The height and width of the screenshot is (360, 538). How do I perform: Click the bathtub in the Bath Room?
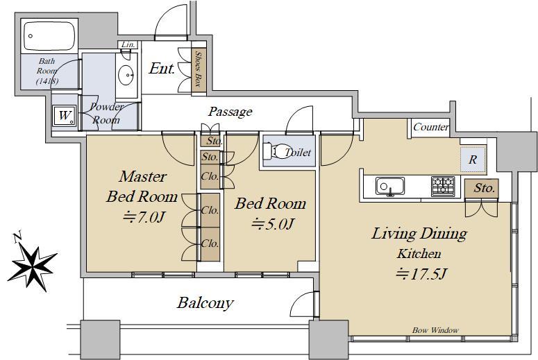pos(49,36)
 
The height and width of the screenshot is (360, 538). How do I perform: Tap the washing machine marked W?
pos(64,116)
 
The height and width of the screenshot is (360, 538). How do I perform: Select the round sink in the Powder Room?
pos(127,74)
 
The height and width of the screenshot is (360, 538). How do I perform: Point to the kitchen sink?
pos(389,186)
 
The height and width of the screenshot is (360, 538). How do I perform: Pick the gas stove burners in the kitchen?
pos(443,186)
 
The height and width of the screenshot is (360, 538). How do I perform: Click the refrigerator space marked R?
pos(473,160)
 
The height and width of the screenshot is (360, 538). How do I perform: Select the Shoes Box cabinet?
pos(199,69)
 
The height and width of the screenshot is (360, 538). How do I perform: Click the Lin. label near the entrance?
pos(128,44)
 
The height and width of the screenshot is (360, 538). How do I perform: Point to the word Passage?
pos(230,112)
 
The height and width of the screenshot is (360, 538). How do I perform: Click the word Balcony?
pos(205,303)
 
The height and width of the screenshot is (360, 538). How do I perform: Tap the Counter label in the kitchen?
pos(431,127)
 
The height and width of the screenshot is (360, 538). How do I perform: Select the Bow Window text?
pos(435,330)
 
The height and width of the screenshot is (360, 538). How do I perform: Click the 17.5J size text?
pos(421,274)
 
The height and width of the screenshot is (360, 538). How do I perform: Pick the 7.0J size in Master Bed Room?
pos(144,217)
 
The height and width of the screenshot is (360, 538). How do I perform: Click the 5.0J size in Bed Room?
pos(273,224)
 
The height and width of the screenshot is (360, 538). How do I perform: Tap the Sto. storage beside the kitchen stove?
pos(481,188)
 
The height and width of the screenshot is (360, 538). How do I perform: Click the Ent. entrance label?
pos(162,69)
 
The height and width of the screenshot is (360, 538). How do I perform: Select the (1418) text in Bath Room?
pos(47,81)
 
